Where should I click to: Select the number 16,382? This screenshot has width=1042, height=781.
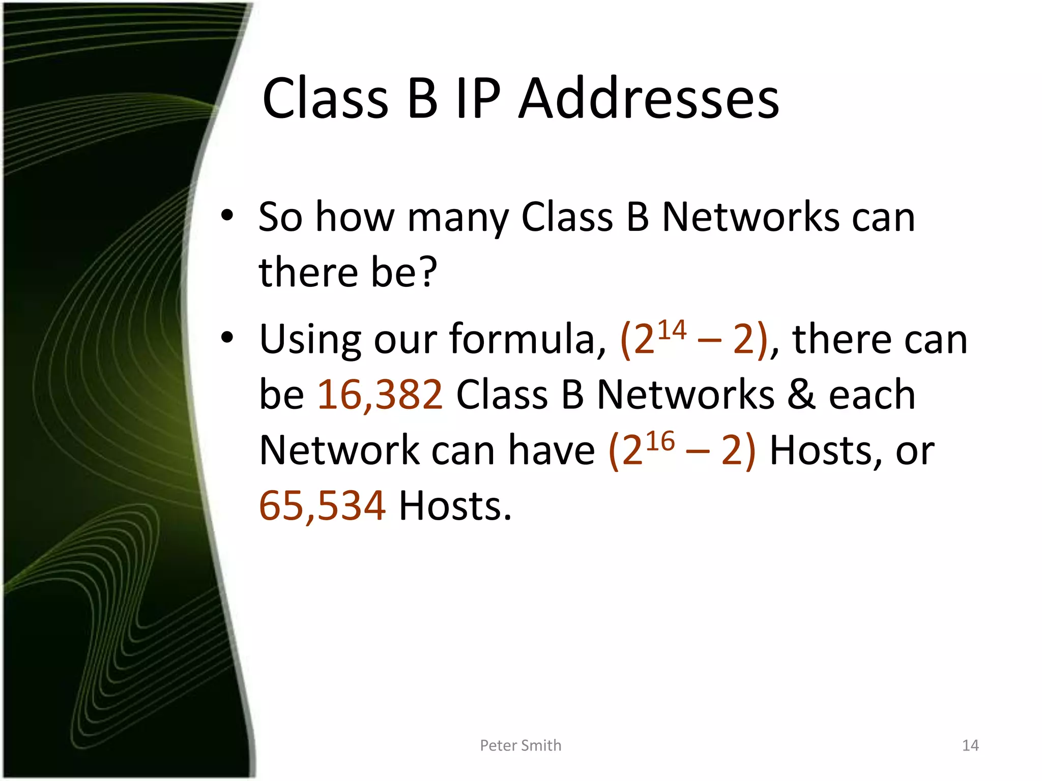pyautogui.click(x=380, y=395)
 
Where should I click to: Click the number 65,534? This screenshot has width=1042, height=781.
pyautogui.click(x=322, y=506)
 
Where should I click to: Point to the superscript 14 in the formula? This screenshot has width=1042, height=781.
pyautogui.click(x=672, y=331)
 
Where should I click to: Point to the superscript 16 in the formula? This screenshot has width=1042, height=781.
pyautogui.click(x=660, y=441)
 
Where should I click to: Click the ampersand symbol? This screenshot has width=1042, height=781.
pyautogui.click(x=801, y=395)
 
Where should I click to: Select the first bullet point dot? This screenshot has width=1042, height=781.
pyautogui.click(x=227, y=216)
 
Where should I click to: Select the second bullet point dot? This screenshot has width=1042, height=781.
pyautogui.click(x=227, y=337)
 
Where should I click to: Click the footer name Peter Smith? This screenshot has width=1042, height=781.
pyautogui.click(x=520, y=745)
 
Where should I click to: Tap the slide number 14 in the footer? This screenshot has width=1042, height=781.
pyautogui.click(x=970, y=745)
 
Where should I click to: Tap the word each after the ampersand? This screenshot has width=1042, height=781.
pyautogui.click(x=872, y=395)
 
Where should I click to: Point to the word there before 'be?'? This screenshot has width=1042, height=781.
pyautogui.click(x=308, y=272)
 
